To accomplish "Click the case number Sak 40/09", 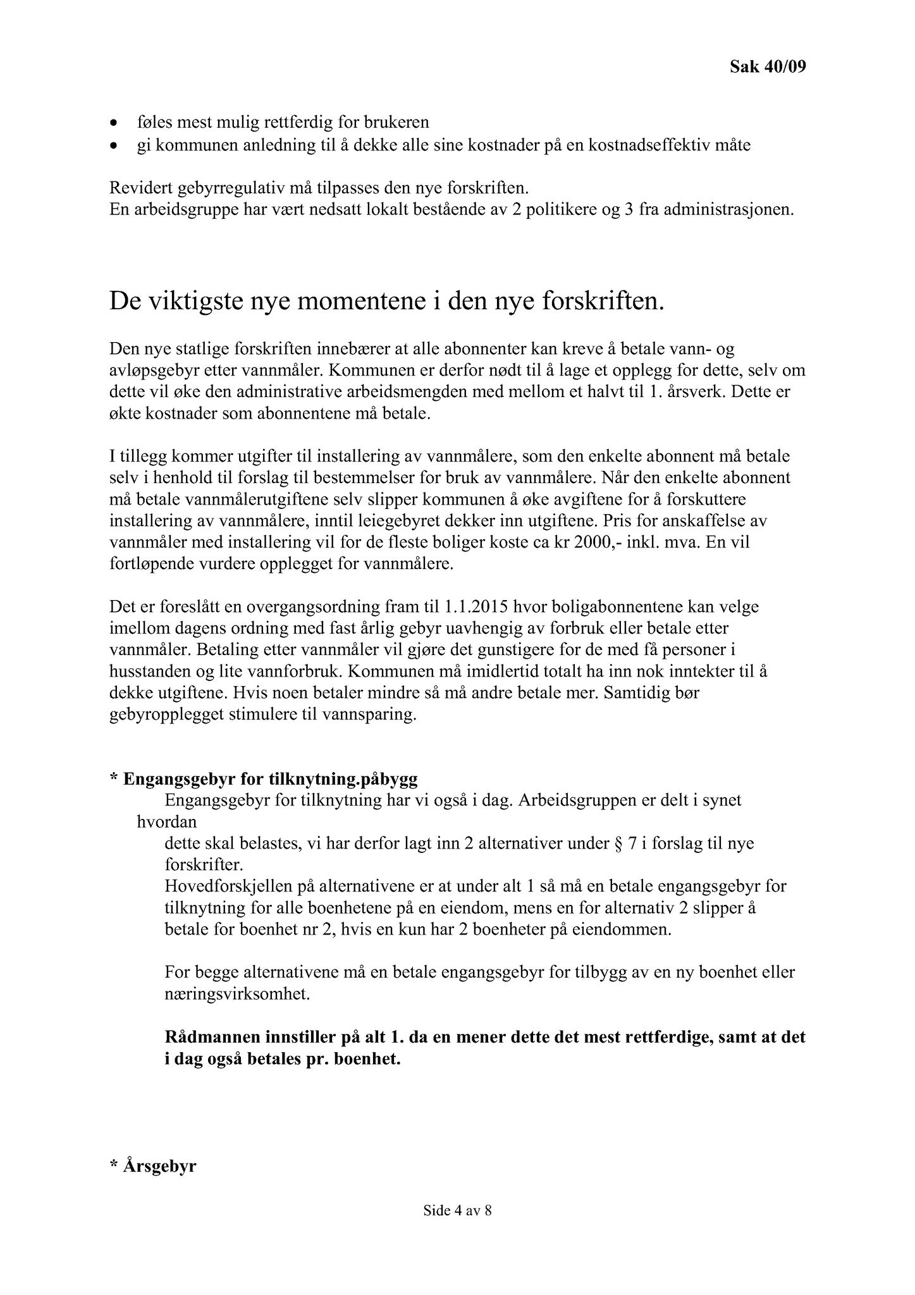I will click(768, 66).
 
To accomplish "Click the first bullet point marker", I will click(113, 122).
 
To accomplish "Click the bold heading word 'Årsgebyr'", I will click(160, 1165).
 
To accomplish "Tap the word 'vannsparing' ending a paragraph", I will click(372, 716).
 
